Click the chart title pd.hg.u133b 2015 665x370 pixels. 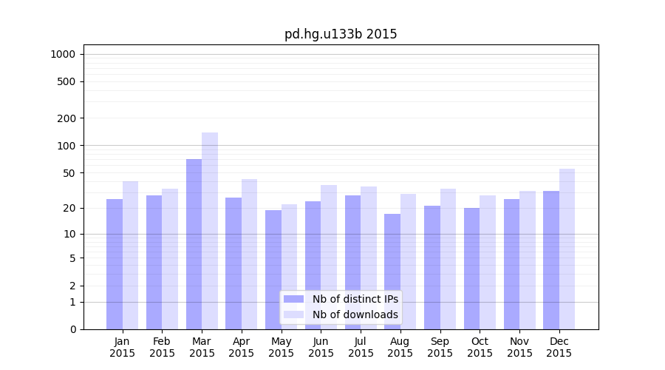[x=341, y=34]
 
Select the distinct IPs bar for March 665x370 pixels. [x=194, y=244]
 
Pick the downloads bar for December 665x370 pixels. [x=567, y=249]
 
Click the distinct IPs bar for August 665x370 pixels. [x=392, y=272]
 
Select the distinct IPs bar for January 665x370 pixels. [x=115, y=264]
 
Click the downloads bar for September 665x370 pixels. [x=448, y=259]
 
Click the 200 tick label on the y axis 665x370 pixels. [x=66, y=118]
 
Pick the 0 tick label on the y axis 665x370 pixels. [x=72, y=329]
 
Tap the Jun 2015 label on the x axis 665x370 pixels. [x=321, y=347]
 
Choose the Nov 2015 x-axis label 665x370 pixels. [x=519, y=347]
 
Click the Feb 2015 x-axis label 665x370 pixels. [x=162, y=347]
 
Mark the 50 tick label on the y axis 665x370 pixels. [x=69, y=173]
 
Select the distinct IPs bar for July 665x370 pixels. [x=352, y=262]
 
